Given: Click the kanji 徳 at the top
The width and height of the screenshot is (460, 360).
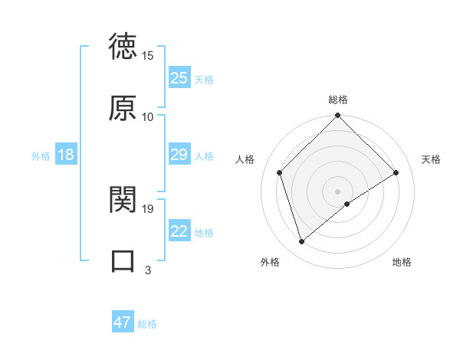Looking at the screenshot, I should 123,48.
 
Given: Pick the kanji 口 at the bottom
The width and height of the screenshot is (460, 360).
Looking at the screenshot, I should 123,260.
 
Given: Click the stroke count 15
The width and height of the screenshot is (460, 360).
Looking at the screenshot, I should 148,56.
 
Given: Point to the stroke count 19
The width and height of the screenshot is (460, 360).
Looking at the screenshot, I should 148,208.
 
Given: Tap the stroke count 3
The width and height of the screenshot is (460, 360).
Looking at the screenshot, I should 148,270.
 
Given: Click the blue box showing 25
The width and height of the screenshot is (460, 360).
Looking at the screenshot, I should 179,78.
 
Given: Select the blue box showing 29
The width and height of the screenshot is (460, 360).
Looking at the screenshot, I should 179,155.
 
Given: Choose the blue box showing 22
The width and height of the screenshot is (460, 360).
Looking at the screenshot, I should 179,232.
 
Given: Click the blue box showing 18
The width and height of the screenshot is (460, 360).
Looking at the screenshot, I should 66,155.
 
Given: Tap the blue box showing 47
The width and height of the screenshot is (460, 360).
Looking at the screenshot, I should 123,323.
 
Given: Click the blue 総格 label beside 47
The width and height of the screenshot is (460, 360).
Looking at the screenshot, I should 147,324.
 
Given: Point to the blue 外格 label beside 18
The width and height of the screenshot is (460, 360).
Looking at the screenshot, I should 41,156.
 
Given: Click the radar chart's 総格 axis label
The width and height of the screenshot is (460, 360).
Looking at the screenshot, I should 338,100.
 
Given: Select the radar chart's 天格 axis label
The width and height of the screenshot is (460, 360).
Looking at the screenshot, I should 432,159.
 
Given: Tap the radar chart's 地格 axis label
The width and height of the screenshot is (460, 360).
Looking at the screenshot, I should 402,262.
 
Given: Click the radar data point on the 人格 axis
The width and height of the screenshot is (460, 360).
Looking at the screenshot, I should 280,172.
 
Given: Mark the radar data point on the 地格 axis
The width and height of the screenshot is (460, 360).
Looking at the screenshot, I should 348,204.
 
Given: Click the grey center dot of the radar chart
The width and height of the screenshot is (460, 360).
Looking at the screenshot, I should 338,191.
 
